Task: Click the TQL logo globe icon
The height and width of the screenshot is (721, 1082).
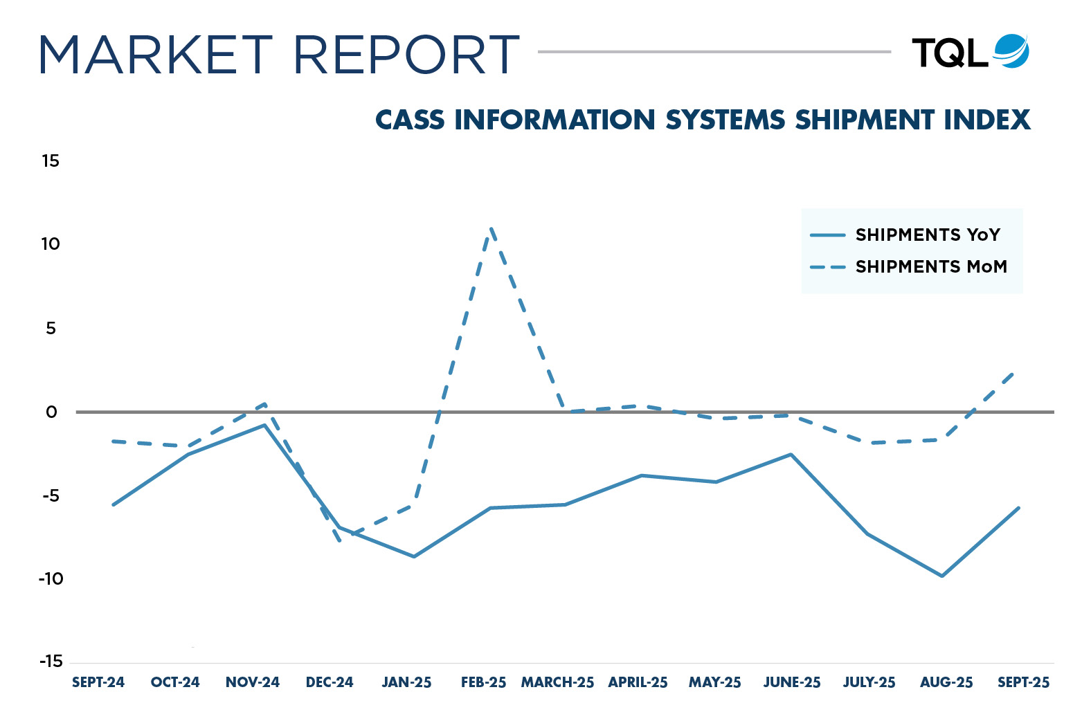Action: [x=1011, y=51]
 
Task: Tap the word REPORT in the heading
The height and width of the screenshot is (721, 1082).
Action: [x=406, y=55]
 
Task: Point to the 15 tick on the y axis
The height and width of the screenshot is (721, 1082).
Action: [x=51, y=161]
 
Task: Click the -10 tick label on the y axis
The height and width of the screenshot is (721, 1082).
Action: [x=51, y=578]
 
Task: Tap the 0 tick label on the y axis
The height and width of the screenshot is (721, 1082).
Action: [x=51, y=412]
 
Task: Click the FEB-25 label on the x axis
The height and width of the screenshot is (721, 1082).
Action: [x=483, y=682]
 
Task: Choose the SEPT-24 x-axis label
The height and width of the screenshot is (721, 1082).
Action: [x=98, y=682]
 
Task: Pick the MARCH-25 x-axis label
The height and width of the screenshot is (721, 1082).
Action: [x=557, y=682]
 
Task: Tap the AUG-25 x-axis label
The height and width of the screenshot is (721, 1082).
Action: [x=946, y=682]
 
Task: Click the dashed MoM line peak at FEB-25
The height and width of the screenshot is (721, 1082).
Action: [x=491, y=229]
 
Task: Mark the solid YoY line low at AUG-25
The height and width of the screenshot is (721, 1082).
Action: [x=941, y=576]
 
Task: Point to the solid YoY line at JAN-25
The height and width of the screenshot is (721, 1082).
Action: [x=414, y=556]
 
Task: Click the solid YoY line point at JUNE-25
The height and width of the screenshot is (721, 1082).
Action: [x=791, y=455]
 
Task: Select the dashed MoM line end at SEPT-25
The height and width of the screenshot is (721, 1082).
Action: [x=1016, y=372]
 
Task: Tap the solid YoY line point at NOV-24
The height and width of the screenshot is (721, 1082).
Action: [x=264, y=425]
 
